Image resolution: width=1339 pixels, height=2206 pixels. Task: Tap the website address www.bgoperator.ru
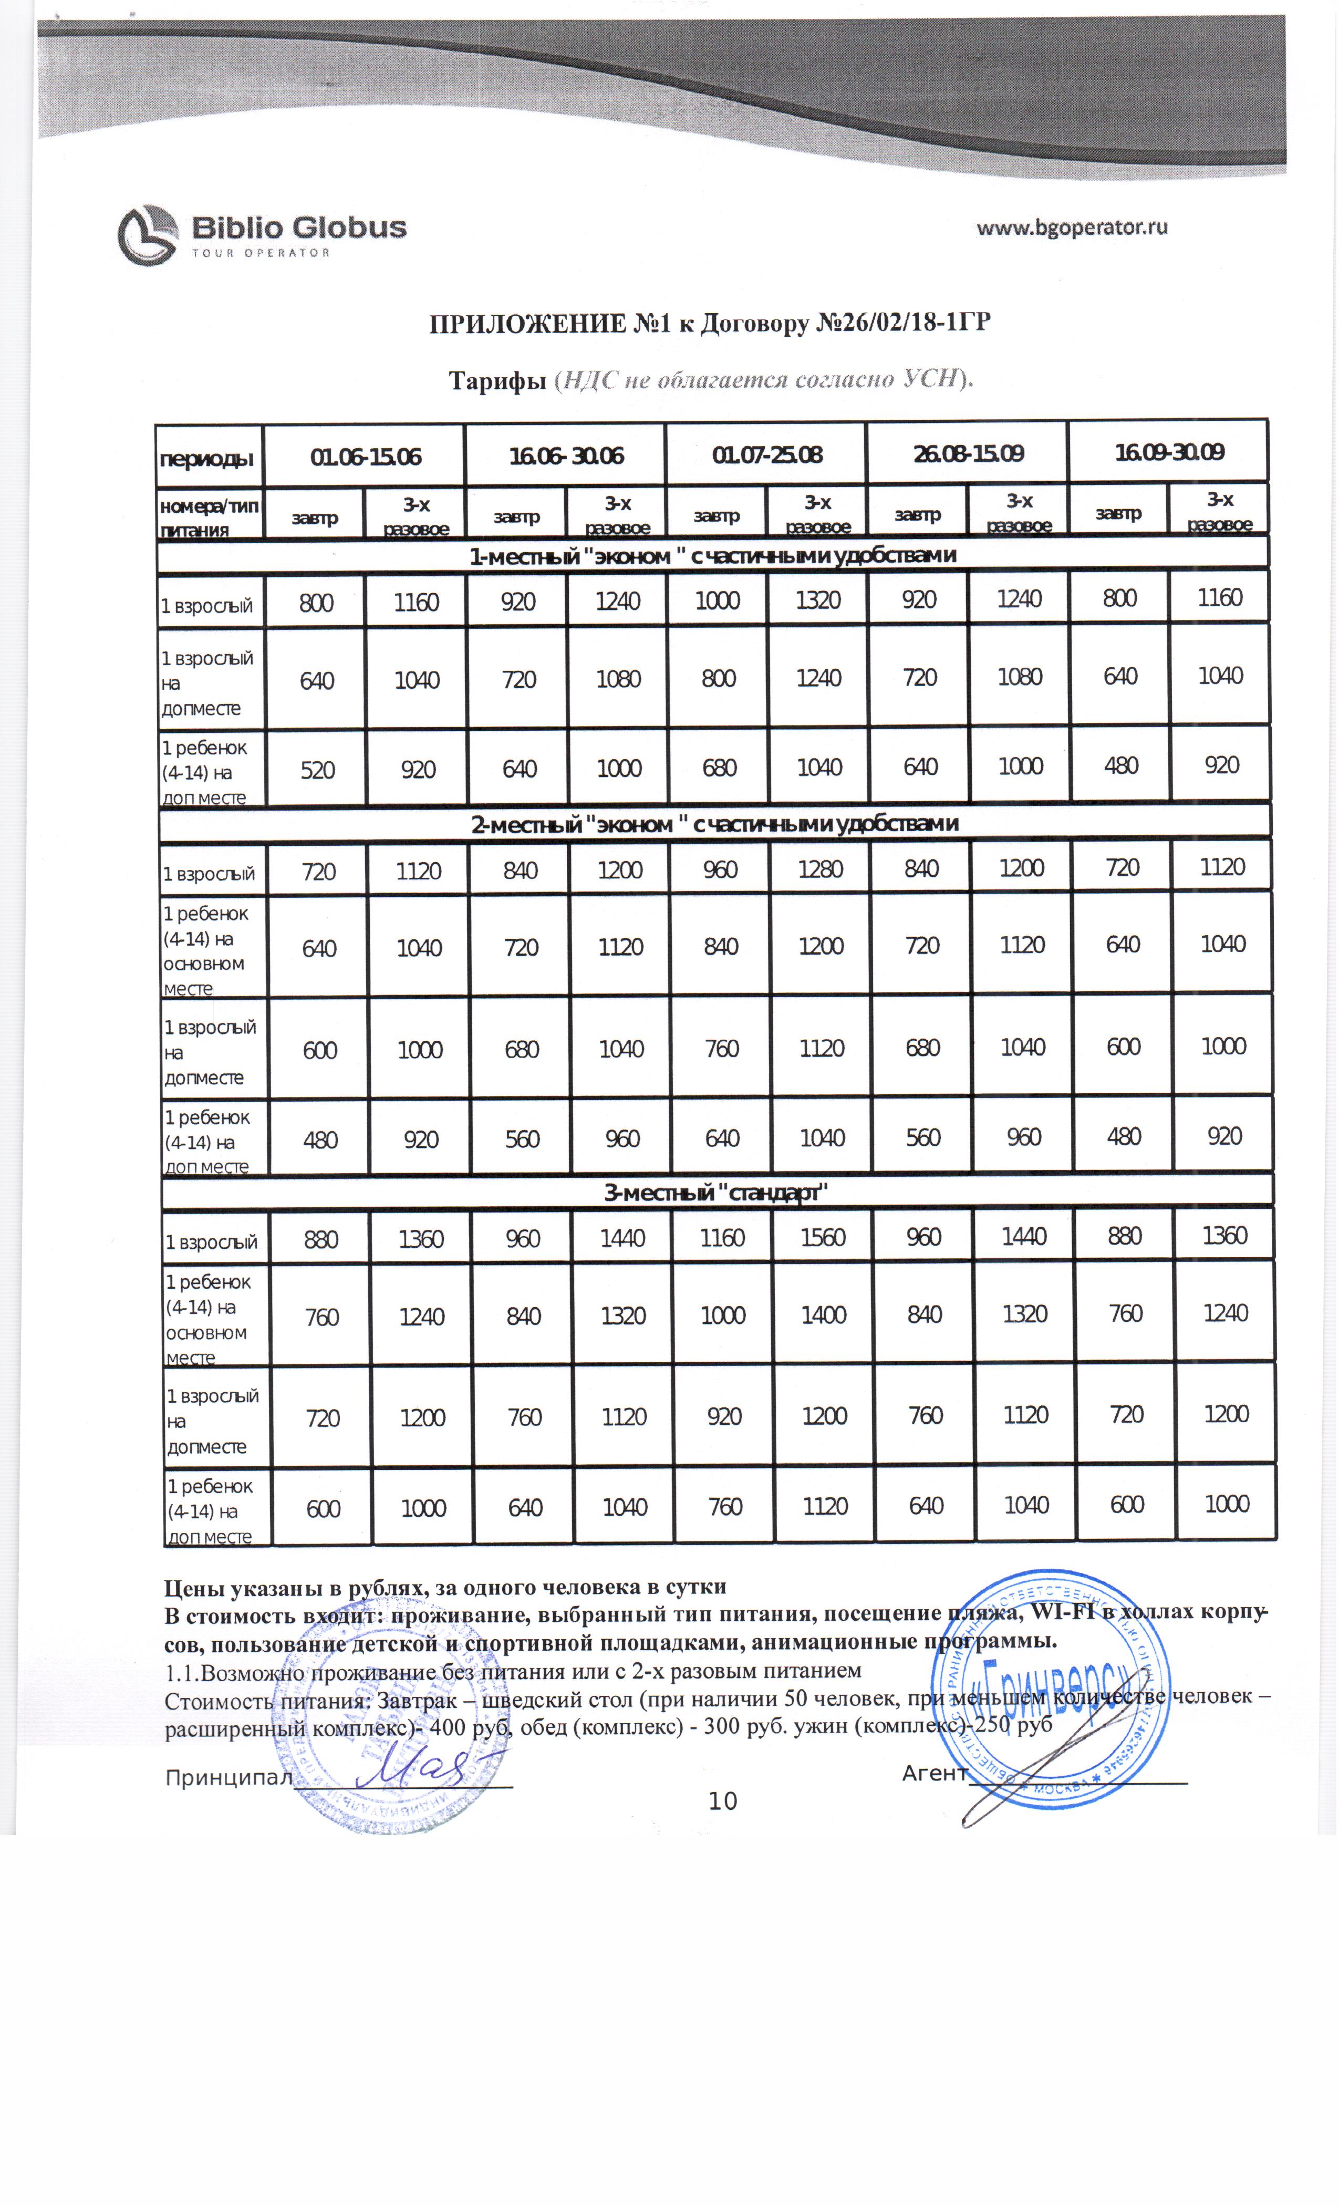click(1072, 227)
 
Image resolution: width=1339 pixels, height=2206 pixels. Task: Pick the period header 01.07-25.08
click(766, 455)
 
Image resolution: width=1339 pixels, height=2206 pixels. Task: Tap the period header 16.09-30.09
click(1168, 452)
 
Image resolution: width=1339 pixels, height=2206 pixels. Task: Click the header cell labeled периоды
click(207, 459)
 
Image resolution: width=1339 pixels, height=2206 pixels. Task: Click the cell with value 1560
click(823, 1237)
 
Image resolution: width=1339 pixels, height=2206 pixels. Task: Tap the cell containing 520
click(317, 771)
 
